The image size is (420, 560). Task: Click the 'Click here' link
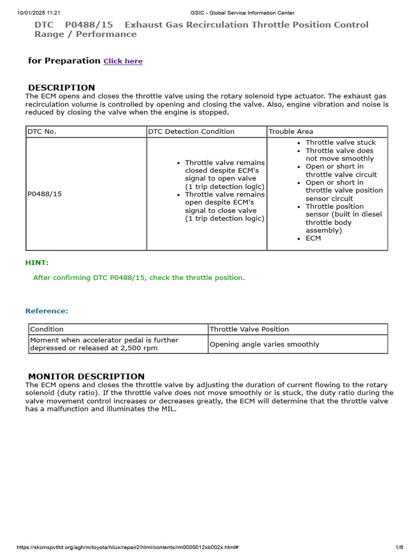(x=123, y=61)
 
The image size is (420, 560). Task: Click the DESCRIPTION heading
(x=61, y=87)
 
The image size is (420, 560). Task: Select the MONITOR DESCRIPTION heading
(x=86, y=376)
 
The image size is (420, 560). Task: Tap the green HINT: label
(x=37, y=262)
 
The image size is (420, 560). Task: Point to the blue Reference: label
(x=46, y=311)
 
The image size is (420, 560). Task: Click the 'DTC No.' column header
(x=42, y=131)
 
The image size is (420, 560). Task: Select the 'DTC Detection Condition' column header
(x=191, y=131)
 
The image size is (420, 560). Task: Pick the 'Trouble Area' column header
(x=291, y=131)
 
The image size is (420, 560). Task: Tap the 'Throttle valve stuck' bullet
(x=340, y=142)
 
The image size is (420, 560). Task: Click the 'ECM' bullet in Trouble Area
(x=313, y=238)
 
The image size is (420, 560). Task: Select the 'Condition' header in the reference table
(x=47, y=329)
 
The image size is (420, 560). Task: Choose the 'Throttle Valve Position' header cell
(x=249, y=329)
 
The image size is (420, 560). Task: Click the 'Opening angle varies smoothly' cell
(x=265, y=345)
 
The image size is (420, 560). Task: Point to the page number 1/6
(x=399, y=547)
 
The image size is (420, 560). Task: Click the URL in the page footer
(x=127, y=547)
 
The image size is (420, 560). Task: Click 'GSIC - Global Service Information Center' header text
(x=242, y=13)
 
